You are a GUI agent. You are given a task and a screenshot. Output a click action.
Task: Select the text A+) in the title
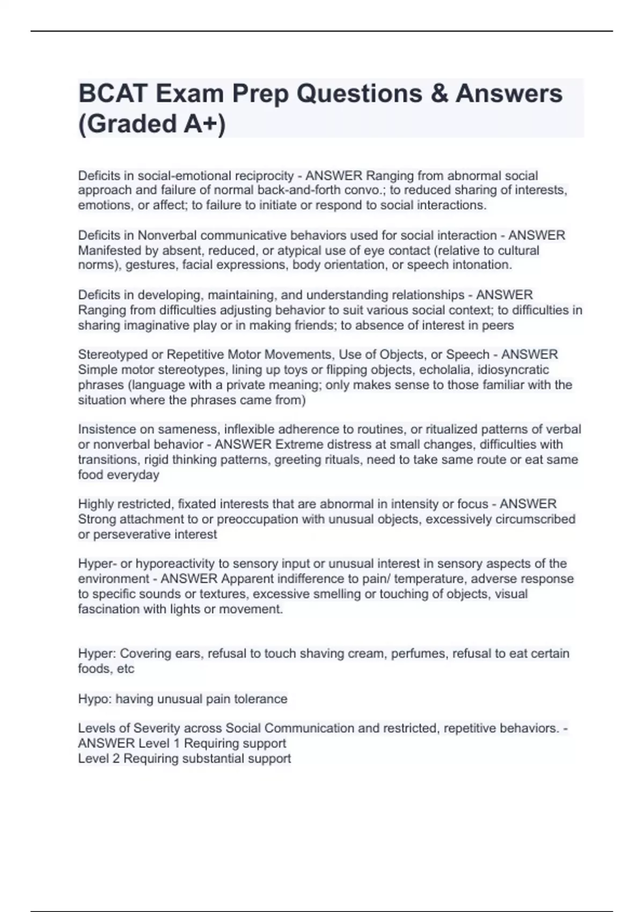point(205,124)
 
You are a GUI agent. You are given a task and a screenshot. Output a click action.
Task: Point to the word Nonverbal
point(167,236)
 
